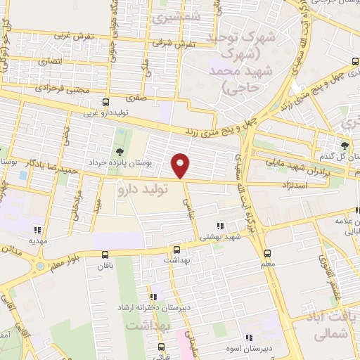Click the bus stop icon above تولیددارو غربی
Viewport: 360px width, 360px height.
coord(105,102)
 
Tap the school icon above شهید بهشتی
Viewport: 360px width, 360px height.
coord(221,226)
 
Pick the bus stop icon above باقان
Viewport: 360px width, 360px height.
coord(105,254)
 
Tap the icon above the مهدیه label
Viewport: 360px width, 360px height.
coord(37,229)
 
